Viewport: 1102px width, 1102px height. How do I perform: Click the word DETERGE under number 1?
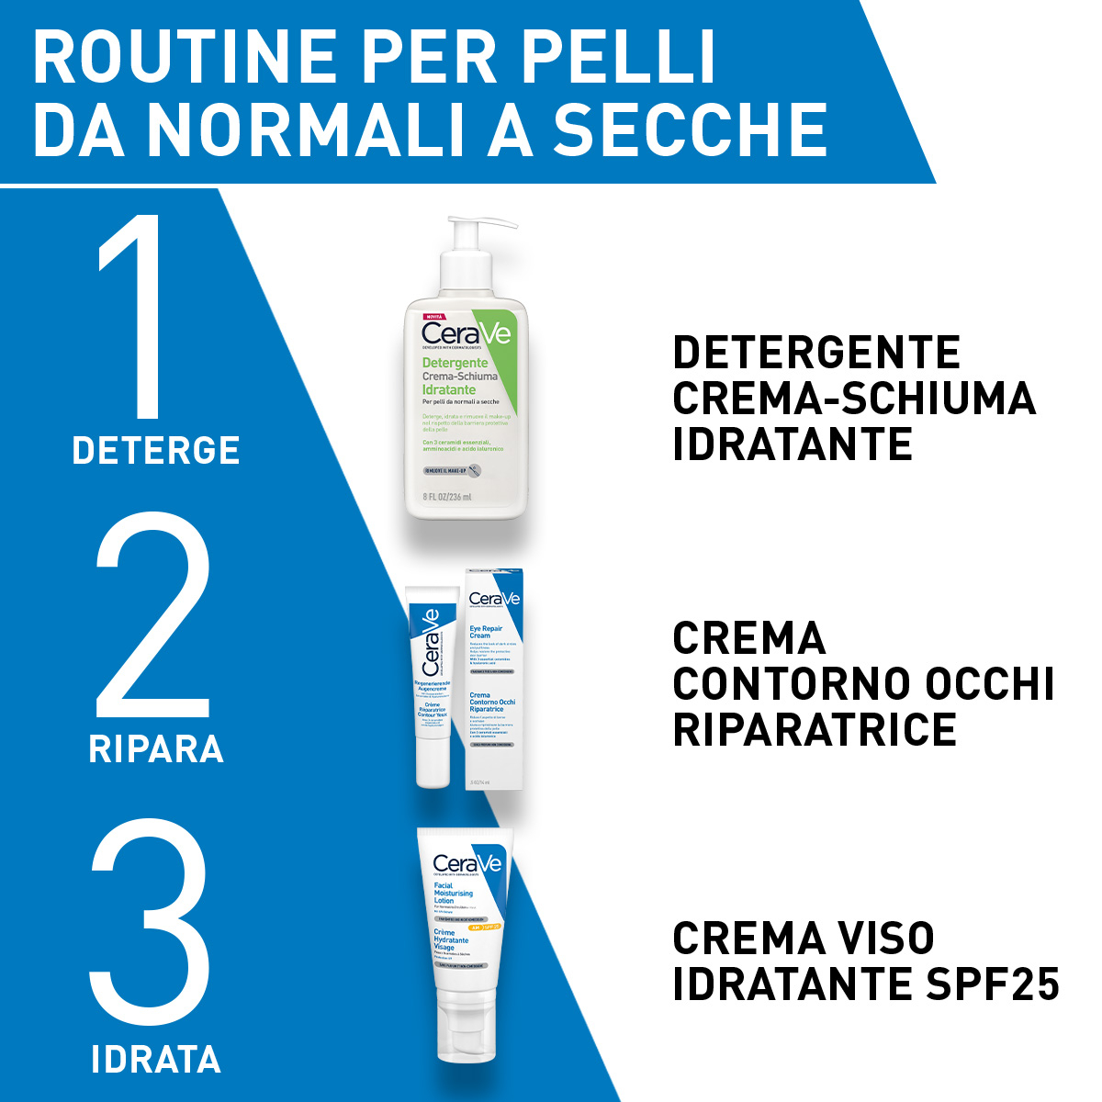pyautogui.click(x=156, y=451)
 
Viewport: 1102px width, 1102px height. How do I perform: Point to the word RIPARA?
pyautogui.click(x=156, y=749)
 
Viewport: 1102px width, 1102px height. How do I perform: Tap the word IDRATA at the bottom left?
pyautogui.click(x=156, y=1060)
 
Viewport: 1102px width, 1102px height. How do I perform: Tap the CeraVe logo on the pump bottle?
pyautogui.click(x=466, y=332)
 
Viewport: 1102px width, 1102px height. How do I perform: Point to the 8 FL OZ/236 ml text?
pyautogui.click(x=447, y=497)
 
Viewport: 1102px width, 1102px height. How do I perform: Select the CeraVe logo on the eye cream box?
pyautogui.click(x=494, y=599)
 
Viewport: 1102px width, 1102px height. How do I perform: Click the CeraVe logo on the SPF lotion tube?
pyautogui.click(x=467, y=863)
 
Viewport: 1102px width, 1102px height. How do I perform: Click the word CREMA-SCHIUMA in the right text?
pyautogui.click(x=854, y=399)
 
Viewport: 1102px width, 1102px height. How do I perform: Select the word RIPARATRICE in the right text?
pyautogui.click(x=815, y=730)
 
